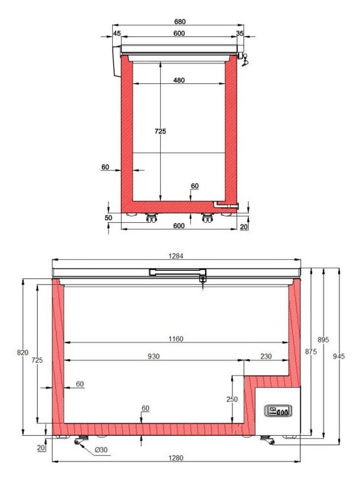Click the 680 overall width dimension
(180, 22)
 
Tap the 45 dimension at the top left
(117, 33)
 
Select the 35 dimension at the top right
(240, 33)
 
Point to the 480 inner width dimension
(179, 80)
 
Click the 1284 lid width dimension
(176, 256)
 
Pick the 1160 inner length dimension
(176, 339)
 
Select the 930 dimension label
(154, 356)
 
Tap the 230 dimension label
(266, 356)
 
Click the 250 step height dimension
(232, 399)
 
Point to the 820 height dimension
(22, 353)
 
